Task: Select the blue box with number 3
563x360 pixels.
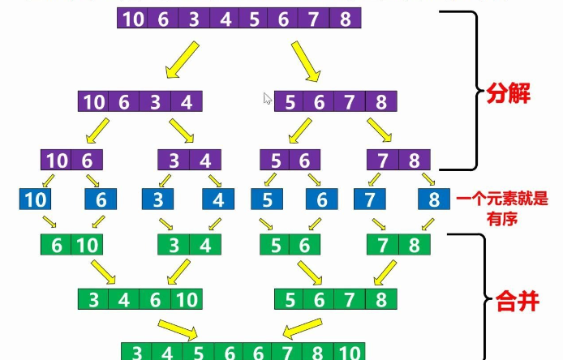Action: (158, 199)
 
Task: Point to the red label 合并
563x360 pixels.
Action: (517, 303)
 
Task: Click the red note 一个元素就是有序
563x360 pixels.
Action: (503, 208)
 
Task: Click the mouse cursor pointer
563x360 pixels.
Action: (267, 98)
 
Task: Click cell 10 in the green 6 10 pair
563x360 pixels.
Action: (88, 245)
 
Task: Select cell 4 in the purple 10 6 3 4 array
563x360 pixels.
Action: (187, 102)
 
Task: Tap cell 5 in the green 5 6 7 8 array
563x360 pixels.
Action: (291, 300)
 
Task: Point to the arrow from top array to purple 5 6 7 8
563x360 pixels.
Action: (305, 62)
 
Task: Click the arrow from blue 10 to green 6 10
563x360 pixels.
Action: (49, 221)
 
